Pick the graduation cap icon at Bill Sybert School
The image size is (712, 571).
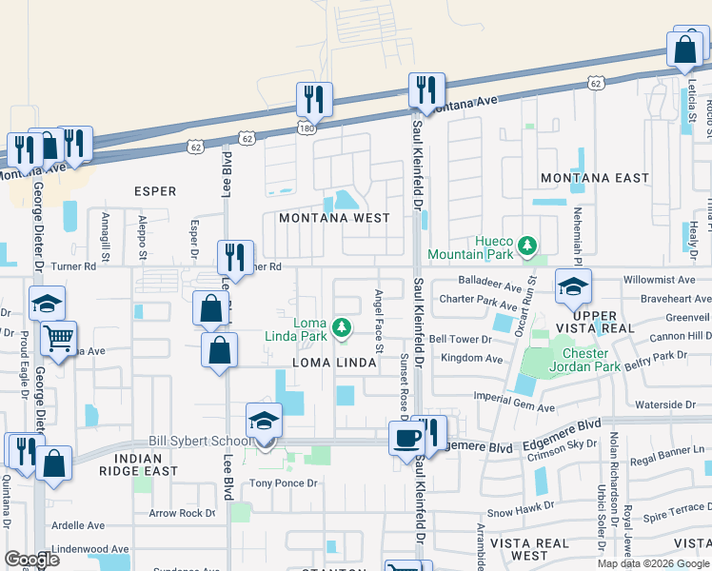(x=265, y=420)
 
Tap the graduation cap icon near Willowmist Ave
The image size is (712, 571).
(x=573, y=285)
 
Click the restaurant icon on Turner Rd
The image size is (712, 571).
(x=235, y=257)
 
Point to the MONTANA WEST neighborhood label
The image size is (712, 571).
(x=334, y=218)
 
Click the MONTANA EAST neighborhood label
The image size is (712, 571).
(x=594, y=178)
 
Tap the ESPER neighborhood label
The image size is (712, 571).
(x=155, y=191)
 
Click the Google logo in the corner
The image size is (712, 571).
(x=31, y=559)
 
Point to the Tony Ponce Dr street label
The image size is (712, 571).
(x=282, y=483)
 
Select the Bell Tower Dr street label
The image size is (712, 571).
(x=465, y=339)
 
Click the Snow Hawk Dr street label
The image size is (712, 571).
(x=521, y=511)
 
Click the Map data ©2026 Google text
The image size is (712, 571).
(x=654, y=562)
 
